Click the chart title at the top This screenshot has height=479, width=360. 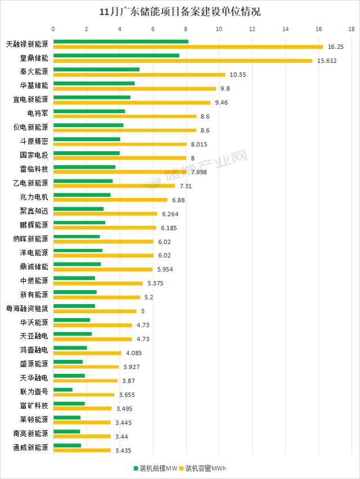[x=179, y=11]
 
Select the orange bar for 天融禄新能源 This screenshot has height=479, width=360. [x=188, y=47]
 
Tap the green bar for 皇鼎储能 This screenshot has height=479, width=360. [x=116, y=55]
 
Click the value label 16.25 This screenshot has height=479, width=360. [x=335, y=47]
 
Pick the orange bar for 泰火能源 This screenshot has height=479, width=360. [x=139, y=75]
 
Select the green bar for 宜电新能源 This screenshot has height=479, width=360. [x=92, y=97]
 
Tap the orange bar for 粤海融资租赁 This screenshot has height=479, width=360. [x=94, y=311]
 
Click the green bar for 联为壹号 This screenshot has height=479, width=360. [x=62, y=390]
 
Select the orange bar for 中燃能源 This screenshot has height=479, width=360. [x=98, y=283]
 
